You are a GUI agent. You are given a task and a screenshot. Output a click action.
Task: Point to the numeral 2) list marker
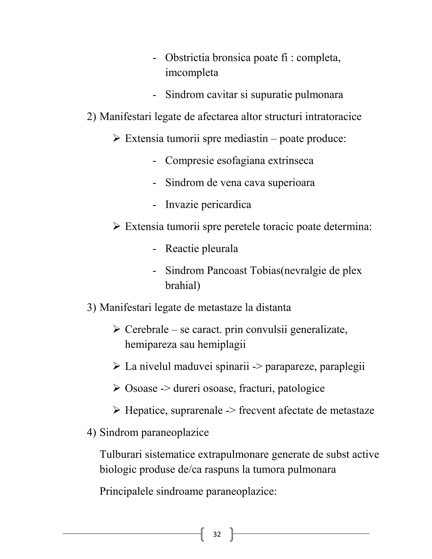pyautogui.click(x=91, y=117)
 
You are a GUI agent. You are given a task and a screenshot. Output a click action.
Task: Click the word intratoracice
pyautogui.click(x=333, y=117)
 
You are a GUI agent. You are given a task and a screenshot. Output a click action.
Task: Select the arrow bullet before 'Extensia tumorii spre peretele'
pyautogui.click(x=116, y=227)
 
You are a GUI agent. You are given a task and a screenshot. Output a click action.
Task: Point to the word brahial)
pyautogui.click(x=182, y=285)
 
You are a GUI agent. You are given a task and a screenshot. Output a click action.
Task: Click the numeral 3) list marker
pyautogui.click(x=91, y=307)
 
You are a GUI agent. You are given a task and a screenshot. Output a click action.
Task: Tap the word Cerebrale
pyautogui.click(x=147, y=329)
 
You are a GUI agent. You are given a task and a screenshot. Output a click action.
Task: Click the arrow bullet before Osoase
pyautogui.click(x=116, y=388)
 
